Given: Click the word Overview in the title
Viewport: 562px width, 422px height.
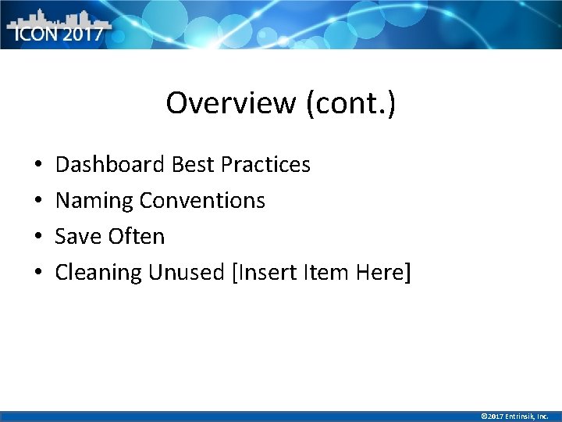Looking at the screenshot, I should pyautogui.click(x=232, y=103).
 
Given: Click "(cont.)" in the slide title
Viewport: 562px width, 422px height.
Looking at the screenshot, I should pyautogui.click(x=351, y=103).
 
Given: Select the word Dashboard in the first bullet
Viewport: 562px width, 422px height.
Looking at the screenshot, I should pyautogui.click(x=110, y=164).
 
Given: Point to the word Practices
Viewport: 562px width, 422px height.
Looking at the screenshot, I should pyautogui.click(x=265, y=164).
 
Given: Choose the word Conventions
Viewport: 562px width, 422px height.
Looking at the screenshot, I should pyautogui.click(x=202, y=200).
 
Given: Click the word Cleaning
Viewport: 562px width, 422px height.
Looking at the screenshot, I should pyautogui.click(x=98, y=273).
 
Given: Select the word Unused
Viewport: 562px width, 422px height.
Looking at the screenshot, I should pyautogui.click(x=185, y=273).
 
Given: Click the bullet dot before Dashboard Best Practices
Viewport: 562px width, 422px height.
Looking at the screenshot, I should pyautogui.click(x=37, y=166).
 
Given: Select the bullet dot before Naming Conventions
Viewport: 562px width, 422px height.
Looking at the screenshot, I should pyautogui.click(x=37, y=202).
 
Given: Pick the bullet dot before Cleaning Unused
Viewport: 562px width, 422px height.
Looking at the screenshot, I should pyautogui.click(x=37, y=274).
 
